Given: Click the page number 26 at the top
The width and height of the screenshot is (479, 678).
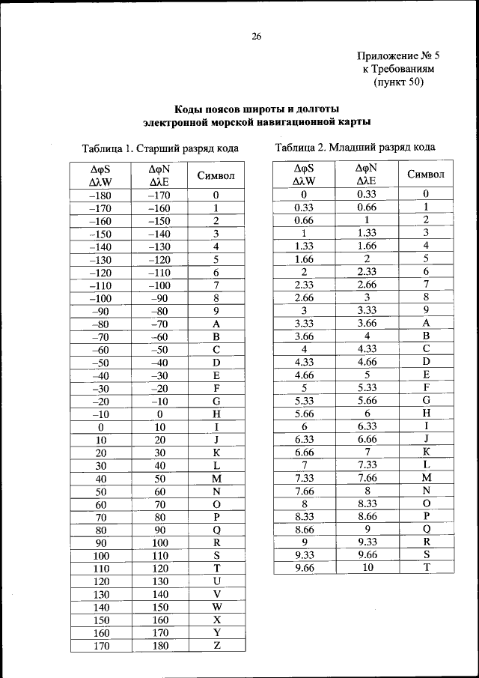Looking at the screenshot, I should [257, 37].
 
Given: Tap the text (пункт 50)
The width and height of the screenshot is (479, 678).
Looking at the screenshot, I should [398, 82].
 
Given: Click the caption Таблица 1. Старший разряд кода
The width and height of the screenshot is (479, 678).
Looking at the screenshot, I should [155, 148].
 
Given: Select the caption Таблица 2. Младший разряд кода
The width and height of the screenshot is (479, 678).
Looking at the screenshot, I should [355, 147].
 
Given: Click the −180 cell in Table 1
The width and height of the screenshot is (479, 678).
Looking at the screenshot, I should [100, 196].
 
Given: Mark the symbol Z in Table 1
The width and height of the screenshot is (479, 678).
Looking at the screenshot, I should [216, 645].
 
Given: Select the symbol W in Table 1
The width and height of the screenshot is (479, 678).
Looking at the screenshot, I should [216, 607].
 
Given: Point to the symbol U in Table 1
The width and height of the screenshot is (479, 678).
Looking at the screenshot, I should [216, 581].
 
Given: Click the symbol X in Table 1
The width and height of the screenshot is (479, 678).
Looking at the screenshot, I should [216, 620].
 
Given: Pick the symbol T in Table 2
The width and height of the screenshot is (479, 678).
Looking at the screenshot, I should [426, 568].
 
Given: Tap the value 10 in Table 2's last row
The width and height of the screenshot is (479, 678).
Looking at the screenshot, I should [367, 568].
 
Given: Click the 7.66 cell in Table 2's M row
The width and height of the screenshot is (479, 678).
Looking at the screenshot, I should [367, 477].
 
